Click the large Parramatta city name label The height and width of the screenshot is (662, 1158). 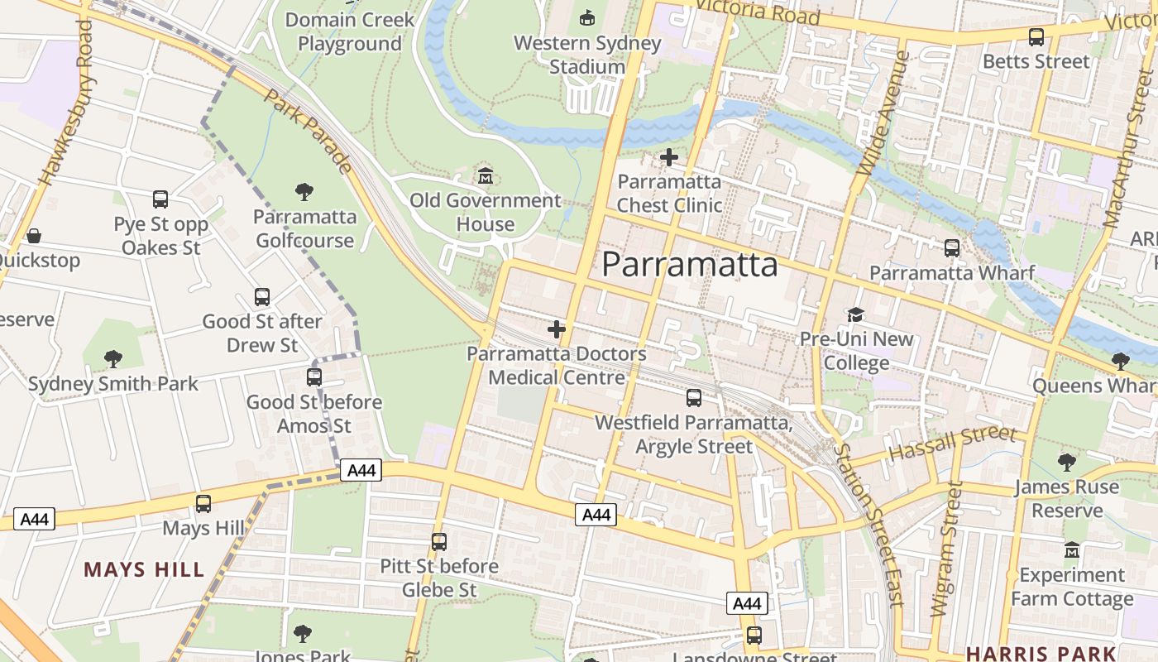pyautogui.click(x=689, y=265)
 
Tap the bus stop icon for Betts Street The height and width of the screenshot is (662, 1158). pyautogui.click(x=1036, y=37)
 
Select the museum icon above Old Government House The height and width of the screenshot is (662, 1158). pyautogui.click(x=486, y=175)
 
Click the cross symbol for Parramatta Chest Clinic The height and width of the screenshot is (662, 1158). pyautogui.click(x=668, y=156)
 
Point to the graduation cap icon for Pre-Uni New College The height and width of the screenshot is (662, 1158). pyautogui.click(x=855, y=314)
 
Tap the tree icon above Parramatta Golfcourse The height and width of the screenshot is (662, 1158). pyautogui.click(x=304, y=192)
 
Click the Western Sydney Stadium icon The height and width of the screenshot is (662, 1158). pyautogui.click(x=587, y=17)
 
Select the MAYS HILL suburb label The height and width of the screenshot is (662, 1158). pyautogui.click(x=144, y=569)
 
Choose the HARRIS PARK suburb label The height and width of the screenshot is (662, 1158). pyautogui.click(x=1041, y=653)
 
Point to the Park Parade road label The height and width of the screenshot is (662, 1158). pyautogui.click(x=309, y=131)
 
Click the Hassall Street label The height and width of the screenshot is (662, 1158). pyautogui.click(x=952, y=444)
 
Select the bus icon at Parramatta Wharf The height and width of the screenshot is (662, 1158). pyautogui.click(x=952, y=247)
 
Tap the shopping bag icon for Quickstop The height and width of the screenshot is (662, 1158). pyautogui.click(x=34, y=236)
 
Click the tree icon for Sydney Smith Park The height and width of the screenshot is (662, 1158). pyautogui.click(x=113, y=359)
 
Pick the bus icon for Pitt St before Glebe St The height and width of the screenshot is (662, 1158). pyautogui.click(x=439, y=542)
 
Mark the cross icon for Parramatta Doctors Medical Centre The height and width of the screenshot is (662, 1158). pyautogui.click(x=557, y=329)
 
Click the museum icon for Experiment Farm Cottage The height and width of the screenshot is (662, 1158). pyautogui.click(x=1072, y=549)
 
